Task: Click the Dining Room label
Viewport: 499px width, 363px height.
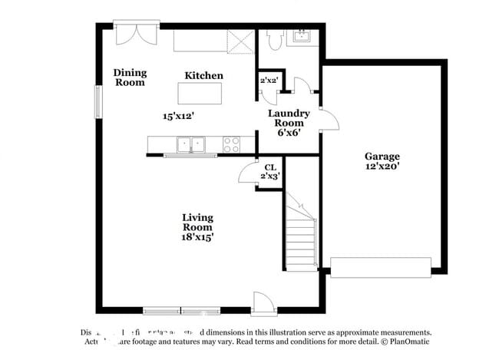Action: click(x=130, y=78)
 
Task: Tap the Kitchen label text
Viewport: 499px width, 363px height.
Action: click(x=204, y=75)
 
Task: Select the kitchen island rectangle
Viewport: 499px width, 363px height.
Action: click(x=200, y=93)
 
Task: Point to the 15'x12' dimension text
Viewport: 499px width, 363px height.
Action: click(x=178, y=117)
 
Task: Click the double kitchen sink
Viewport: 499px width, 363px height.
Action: click(x=190, y=144)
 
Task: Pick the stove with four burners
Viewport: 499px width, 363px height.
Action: click(x=231, y=144)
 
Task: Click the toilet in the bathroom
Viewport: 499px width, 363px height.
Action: click(x=273, y=39)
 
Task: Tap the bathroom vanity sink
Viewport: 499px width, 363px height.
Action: click(x=300, y=37)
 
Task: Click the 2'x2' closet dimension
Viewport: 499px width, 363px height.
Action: click(x=269, y=80)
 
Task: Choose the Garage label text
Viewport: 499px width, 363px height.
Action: click(x=382, y=156)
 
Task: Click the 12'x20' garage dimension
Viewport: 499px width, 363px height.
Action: click(x=382, y=166)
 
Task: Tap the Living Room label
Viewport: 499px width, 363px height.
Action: click(x=197, y=223)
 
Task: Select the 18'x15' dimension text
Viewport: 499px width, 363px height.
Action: click(x=197, y=238)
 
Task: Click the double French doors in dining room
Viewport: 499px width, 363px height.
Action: click(x=136, y=35)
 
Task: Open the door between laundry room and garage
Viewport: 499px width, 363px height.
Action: click(x=328, y=120)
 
